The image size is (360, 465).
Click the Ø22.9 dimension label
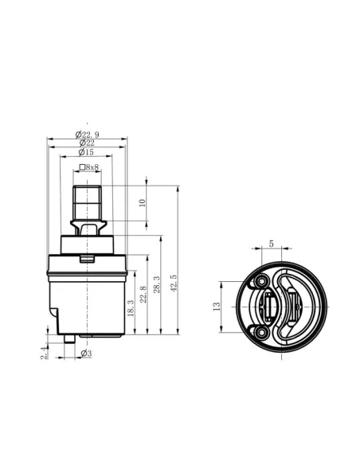click(87, 135)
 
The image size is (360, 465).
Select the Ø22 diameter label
click(87, 143)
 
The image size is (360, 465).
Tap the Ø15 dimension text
click(86, 152)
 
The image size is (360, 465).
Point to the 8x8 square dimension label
click(89, 167)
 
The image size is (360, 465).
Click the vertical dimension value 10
click(143, 203)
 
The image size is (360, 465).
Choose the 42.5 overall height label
click(174, 283)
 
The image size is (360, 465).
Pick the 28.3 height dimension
click(157, 285)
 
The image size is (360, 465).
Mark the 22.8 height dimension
click(143, 294)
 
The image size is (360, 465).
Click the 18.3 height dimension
click(131, 308)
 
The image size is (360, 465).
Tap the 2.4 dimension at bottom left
click(44, 353)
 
